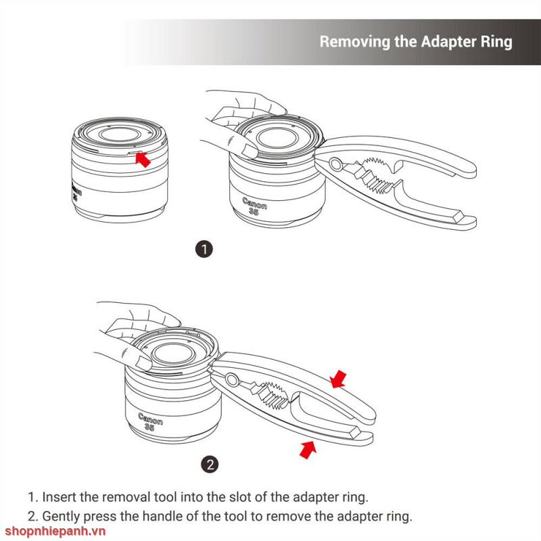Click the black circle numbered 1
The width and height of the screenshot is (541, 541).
[205, 249]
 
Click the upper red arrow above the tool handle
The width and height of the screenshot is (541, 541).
[338, 379]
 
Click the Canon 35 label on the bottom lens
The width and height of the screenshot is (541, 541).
[150, 421]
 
